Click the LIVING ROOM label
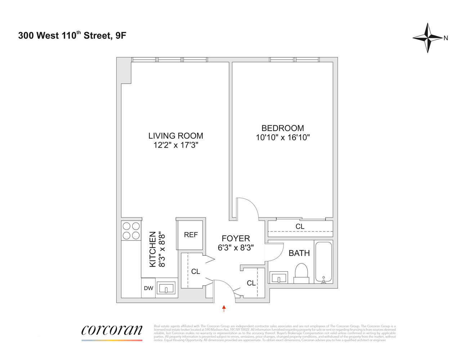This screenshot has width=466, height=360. [176, 136]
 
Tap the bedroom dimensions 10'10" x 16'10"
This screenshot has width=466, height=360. [283, 138]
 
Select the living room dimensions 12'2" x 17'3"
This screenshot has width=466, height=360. [176, 145]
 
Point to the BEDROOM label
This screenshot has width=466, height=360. [283, 128]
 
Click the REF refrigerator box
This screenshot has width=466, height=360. [191, 235]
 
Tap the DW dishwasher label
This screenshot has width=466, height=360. [148, 288]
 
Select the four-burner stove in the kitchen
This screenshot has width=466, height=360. [131, 231]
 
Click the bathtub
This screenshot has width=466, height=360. [323, 262]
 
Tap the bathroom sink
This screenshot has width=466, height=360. [279, 278]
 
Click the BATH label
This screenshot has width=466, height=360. [299, 253]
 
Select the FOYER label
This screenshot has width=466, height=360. [236, 238]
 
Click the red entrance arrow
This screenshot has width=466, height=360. [224, 308]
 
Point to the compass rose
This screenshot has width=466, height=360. [427, 38]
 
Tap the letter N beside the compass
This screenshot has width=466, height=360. [446, 38]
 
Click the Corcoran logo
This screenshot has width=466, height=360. [112, 331]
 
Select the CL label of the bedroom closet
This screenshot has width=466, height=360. [300, 226]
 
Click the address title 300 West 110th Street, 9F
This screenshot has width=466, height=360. [72, 35]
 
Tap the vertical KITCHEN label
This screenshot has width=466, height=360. [153, 249]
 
